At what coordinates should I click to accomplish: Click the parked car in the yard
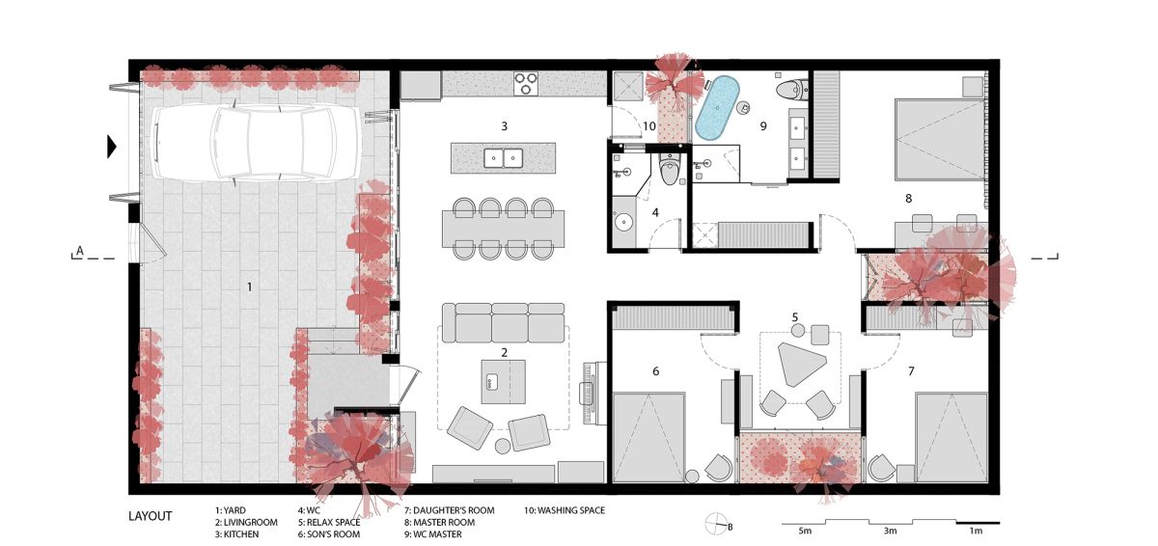point(256,143)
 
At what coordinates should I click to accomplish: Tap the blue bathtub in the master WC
point(716,108)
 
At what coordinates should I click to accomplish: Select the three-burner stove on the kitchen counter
point(526,83)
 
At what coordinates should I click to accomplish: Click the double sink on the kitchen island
point(503,158)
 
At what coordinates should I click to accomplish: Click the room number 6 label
point(655,370)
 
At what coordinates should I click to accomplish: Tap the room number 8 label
point(908,198)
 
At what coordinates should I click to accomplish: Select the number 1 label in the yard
point(250,287)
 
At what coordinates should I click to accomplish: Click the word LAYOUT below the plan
point(150,516)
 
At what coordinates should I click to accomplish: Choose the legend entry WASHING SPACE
point(571,510)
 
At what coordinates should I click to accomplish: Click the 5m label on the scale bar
point(805,531)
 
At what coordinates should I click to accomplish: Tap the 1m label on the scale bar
point(975,531)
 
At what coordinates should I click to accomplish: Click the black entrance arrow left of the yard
point(112,147)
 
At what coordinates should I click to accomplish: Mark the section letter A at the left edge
point(79,251)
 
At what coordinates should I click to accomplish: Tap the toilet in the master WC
point(791,89)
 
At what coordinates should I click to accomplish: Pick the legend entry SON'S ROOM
point(334,534)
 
